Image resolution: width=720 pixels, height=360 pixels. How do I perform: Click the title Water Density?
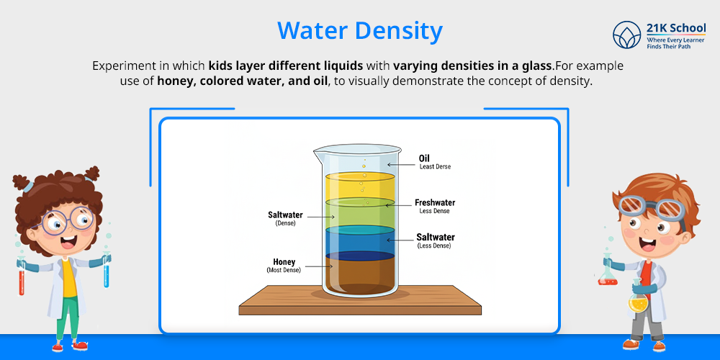(359, 31)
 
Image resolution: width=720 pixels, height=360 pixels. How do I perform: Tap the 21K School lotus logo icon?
(626, 35)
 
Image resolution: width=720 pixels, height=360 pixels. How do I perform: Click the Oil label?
(425, 158)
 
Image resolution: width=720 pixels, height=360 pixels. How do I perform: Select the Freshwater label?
(435, 203)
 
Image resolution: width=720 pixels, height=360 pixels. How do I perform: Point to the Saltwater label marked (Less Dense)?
(436, 237)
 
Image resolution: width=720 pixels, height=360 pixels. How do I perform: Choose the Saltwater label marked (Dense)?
(285, 215)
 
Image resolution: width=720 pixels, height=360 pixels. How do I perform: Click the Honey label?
(284, 262)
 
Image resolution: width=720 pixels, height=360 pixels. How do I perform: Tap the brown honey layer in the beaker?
(359, 275)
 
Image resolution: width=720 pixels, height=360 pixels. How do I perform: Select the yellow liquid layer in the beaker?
(359, 187)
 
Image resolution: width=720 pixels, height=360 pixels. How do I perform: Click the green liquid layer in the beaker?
(359, 215)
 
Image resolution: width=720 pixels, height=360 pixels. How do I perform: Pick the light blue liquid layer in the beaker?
(359, 241)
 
